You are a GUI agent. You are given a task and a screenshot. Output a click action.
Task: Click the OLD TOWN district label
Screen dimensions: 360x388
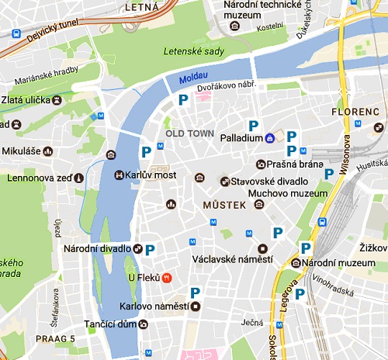189,133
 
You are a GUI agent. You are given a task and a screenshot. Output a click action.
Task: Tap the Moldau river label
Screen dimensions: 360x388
192,79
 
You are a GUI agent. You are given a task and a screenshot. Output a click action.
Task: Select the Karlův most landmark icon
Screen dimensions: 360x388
120,175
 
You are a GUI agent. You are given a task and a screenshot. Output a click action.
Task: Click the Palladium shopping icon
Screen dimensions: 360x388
269,138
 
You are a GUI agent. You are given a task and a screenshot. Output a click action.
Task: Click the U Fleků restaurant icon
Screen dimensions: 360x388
167,277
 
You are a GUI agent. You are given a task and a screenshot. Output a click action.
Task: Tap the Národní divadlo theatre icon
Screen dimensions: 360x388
137,248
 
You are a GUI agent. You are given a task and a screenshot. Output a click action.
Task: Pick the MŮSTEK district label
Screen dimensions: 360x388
223,206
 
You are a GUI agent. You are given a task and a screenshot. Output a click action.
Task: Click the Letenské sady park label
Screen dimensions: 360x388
194,52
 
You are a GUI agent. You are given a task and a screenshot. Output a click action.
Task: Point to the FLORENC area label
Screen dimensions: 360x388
356,112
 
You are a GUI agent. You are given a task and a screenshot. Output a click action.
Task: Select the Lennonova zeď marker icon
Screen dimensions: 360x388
78,177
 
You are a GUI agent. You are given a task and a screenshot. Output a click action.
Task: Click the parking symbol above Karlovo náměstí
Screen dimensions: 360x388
196,292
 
